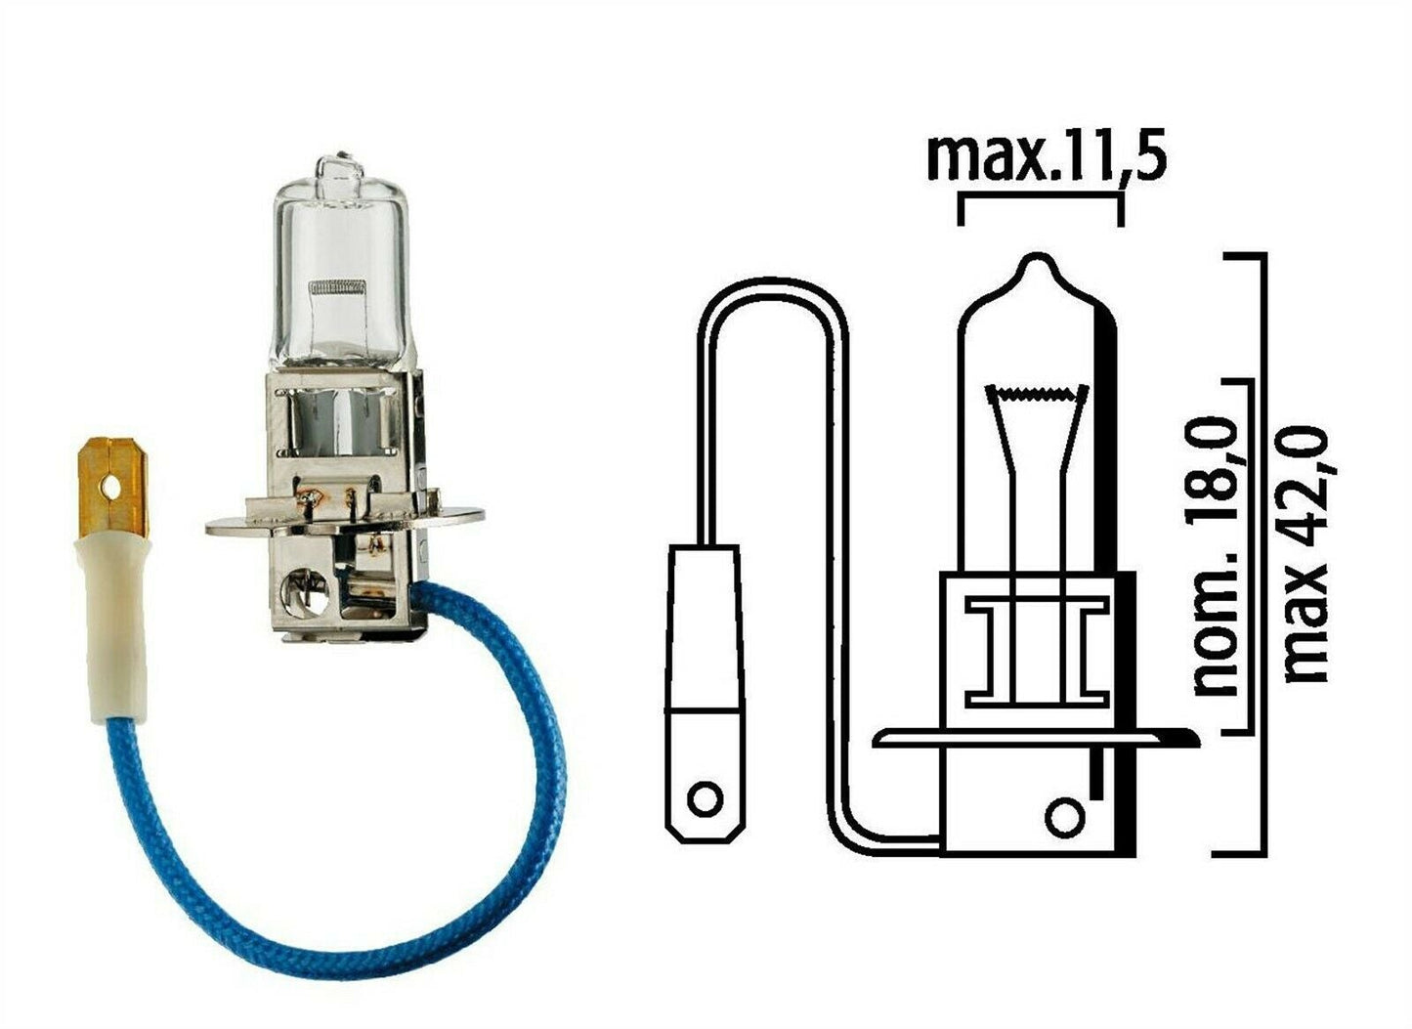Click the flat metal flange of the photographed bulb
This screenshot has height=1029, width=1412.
pyautogui.click(x=342, y=523)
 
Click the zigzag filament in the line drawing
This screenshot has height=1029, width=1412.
pyautogui.click(x=1038, y=395)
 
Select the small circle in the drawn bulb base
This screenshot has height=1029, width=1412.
pyautogui.click(x=1063, y=814)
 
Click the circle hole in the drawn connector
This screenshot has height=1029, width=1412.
pyautogui.click(x=703, y=798)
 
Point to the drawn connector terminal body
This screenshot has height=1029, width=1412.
pyautogui.click(x=701, y=684)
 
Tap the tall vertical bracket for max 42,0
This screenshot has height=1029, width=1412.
pyautogui.click(x=1263, y=552)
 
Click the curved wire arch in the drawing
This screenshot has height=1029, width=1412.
pyautogui.click(x=772, y=293)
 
